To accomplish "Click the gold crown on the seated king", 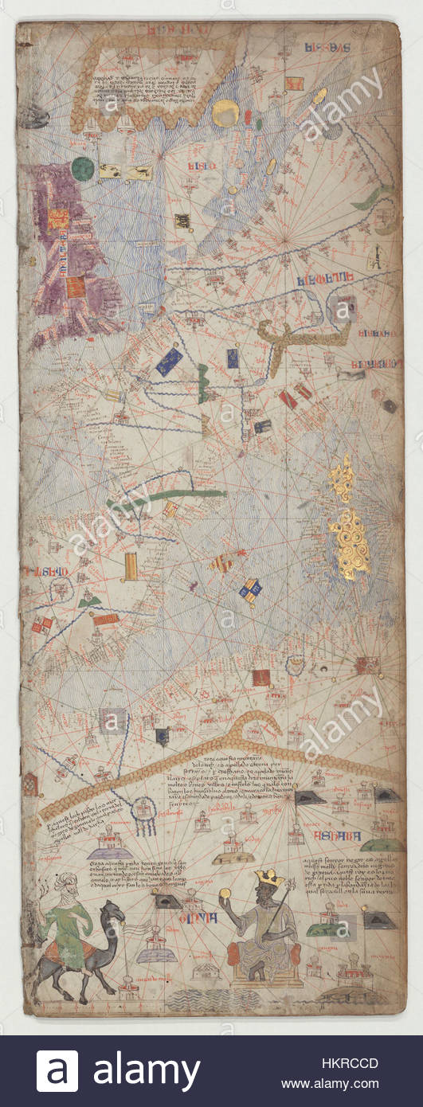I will (x=268, y=878).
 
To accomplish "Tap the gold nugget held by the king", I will (x=225, y=892).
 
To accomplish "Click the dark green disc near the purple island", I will (x=83, y=169).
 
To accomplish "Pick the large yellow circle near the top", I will (x=225, y=113).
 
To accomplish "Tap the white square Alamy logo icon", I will (x=57, y=1071).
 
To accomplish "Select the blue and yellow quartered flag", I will (x=250, y=589).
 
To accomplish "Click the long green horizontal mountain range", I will (x=179, y=495).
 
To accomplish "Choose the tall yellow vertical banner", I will (x=131, y=566).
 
